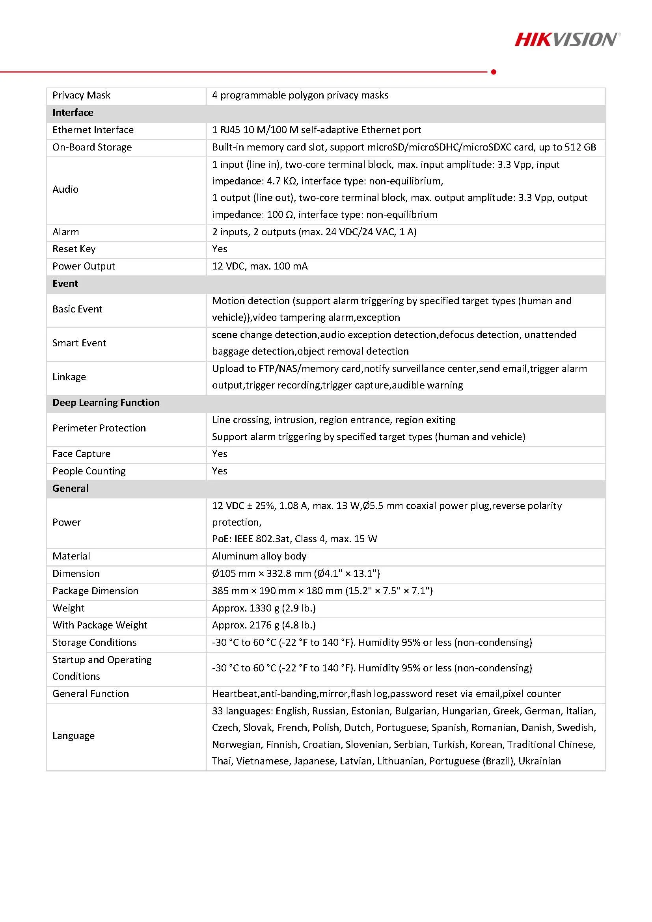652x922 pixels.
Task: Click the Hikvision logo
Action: [567, 39]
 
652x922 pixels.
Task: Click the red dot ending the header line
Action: [494, 72]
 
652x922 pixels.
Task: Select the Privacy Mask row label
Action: [81, 95]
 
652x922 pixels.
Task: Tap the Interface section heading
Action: [73, 112]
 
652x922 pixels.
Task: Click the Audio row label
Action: [65, 189]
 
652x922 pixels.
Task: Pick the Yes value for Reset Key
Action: [219, 249]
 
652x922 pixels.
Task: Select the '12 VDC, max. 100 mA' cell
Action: [259, 266]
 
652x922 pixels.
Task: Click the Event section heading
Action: [65, 284]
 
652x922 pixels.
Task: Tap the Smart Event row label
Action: [79, 343]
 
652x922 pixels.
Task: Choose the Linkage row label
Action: [69, 377]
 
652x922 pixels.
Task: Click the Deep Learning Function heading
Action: [106, 402]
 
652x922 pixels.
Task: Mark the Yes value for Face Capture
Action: [219, 454]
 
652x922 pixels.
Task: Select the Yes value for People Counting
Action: [219, 470]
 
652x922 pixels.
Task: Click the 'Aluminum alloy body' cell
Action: [259, 556]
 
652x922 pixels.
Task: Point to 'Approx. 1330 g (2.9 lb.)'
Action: [264, 608]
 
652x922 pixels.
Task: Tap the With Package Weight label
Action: [100, 625]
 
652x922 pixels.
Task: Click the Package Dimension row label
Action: [95, 591]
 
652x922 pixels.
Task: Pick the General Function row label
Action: [90, 693]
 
